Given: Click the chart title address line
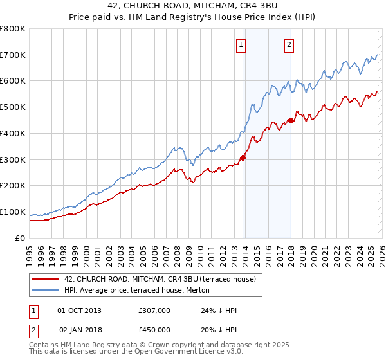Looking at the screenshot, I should [x=193, y=7].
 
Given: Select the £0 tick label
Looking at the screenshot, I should [x=20, y=238].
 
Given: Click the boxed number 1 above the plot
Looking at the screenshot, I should [x=241, y=45].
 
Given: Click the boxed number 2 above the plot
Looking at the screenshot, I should [x=289, y=45].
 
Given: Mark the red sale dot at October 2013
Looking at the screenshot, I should [x=243, y=157].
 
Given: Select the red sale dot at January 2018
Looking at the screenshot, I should [x=291, y=120].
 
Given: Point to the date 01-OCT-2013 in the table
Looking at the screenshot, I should [x=79, y=310].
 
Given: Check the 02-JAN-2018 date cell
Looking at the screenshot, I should [x=80, y=329].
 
